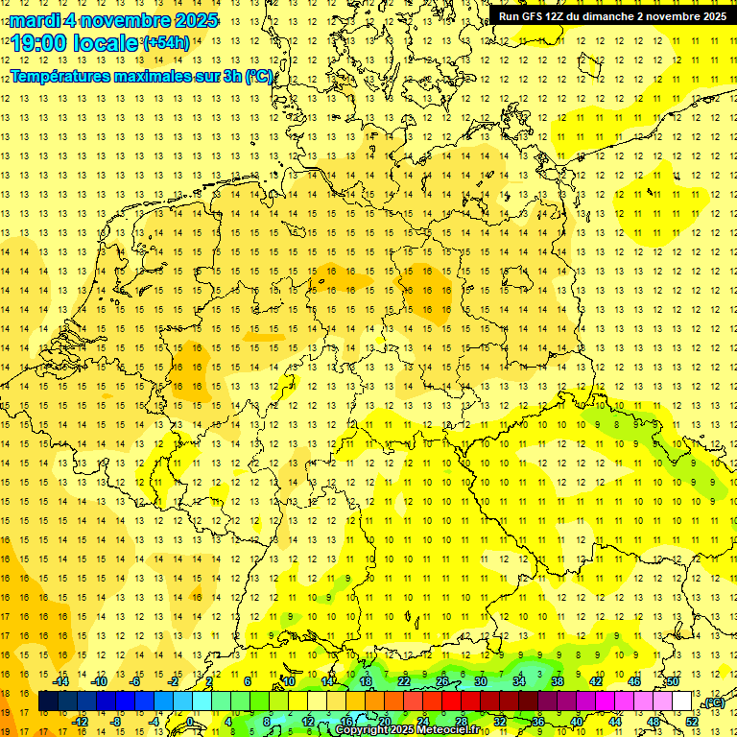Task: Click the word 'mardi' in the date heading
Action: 33,20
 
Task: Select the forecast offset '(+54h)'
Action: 166,43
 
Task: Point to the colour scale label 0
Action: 190,722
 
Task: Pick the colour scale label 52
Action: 692,722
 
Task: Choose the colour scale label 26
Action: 442,681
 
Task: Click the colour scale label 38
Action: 557,681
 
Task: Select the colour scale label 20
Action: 384,722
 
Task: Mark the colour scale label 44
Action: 615,722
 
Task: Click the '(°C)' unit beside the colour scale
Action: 713,703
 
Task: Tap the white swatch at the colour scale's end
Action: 682,701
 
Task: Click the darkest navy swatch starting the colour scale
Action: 48,701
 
